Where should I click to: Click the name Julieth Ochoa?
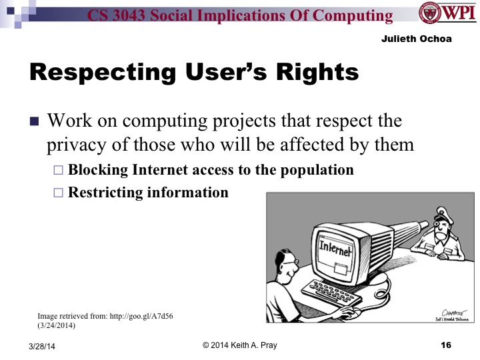pyautogui.click(x=417, y=39)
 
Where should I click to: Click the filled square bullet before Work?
pyautogui.click(x=35, y=123)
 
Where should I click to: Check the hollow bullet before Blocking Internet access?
pyautogui.click(x=57, y=171)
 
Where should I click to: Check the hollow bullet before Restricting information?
pyautogui.click(x=57, y=193)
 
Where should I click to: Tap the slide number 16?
pyautogui.click(x=446, y=345)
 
